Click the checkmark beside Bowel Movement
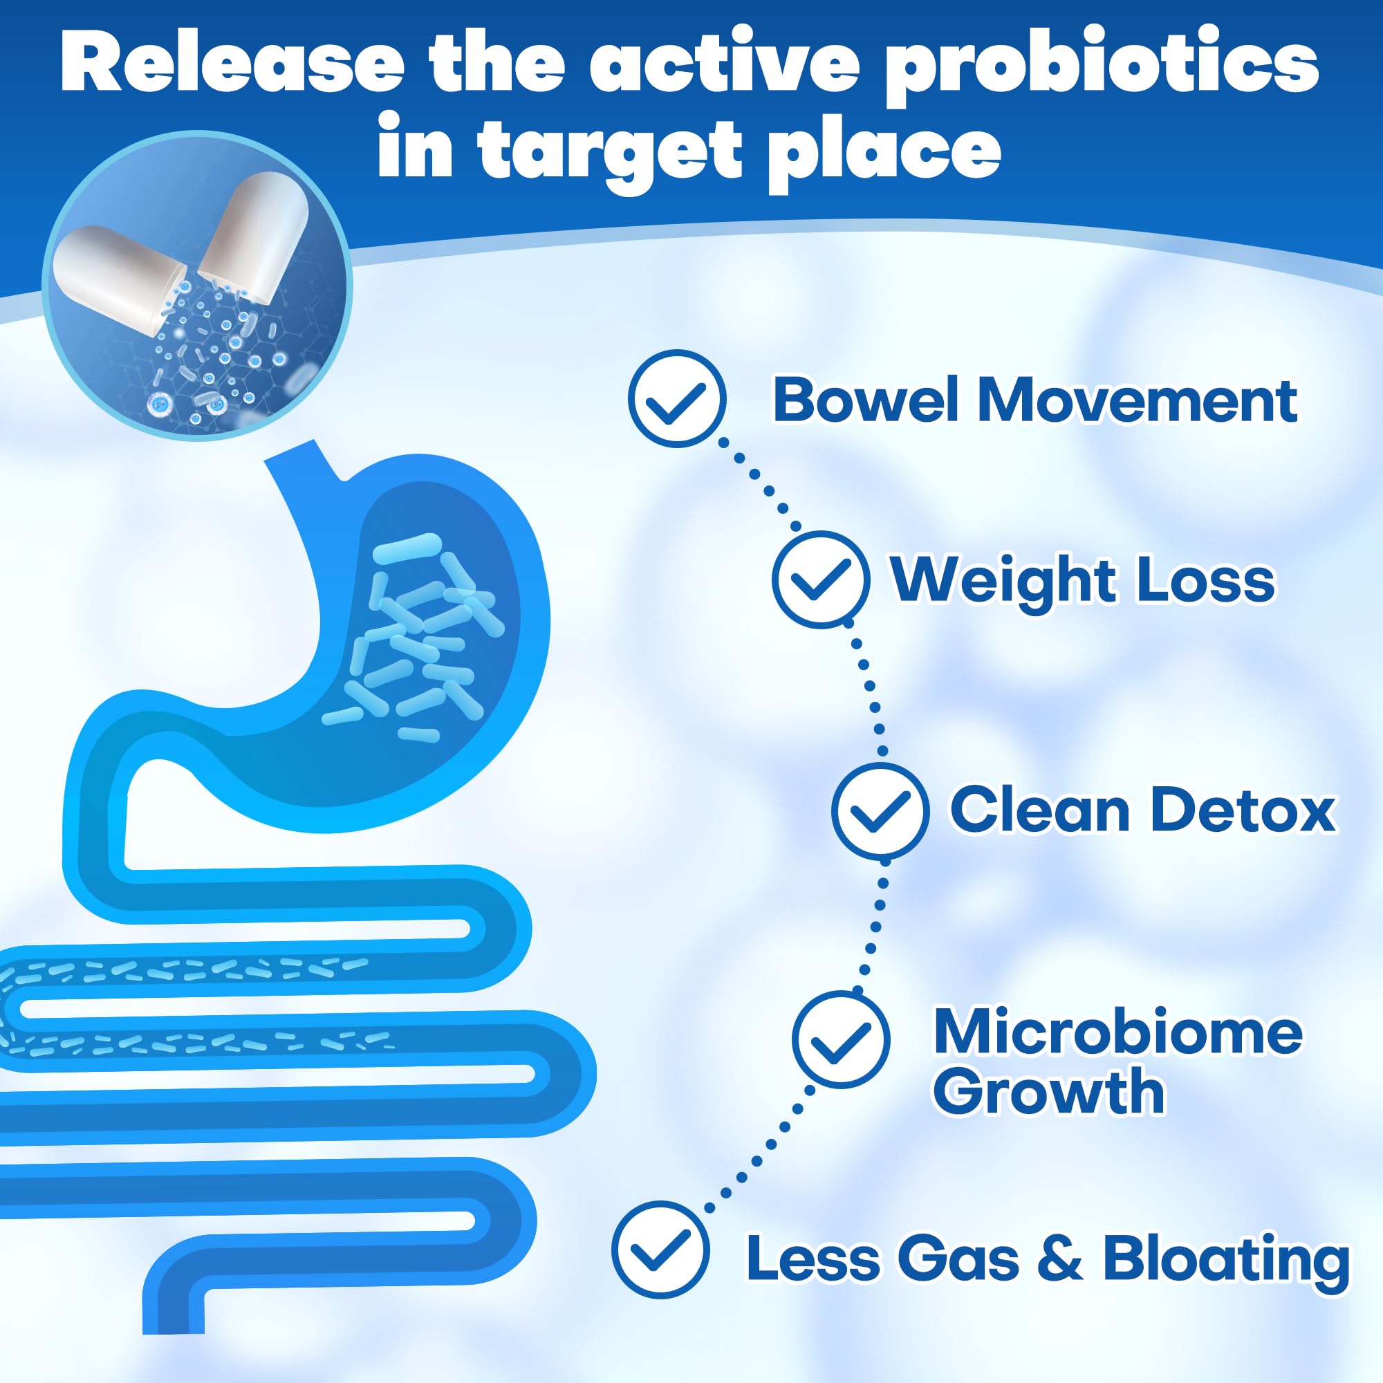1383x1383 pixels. pos(676,399)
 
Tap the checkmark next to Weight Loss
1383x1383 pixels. pos(820,580)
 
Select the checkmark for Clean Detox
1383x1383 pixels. pos(880,810)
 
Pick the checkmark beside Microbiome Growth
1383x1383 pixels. pos(840,1039)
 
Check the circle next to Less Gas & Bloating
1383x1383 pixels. pos(660,1249)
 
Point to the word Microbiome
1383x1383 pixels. pos(1117,1032)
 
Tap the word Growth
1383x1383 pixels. pos(1050,1093)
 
